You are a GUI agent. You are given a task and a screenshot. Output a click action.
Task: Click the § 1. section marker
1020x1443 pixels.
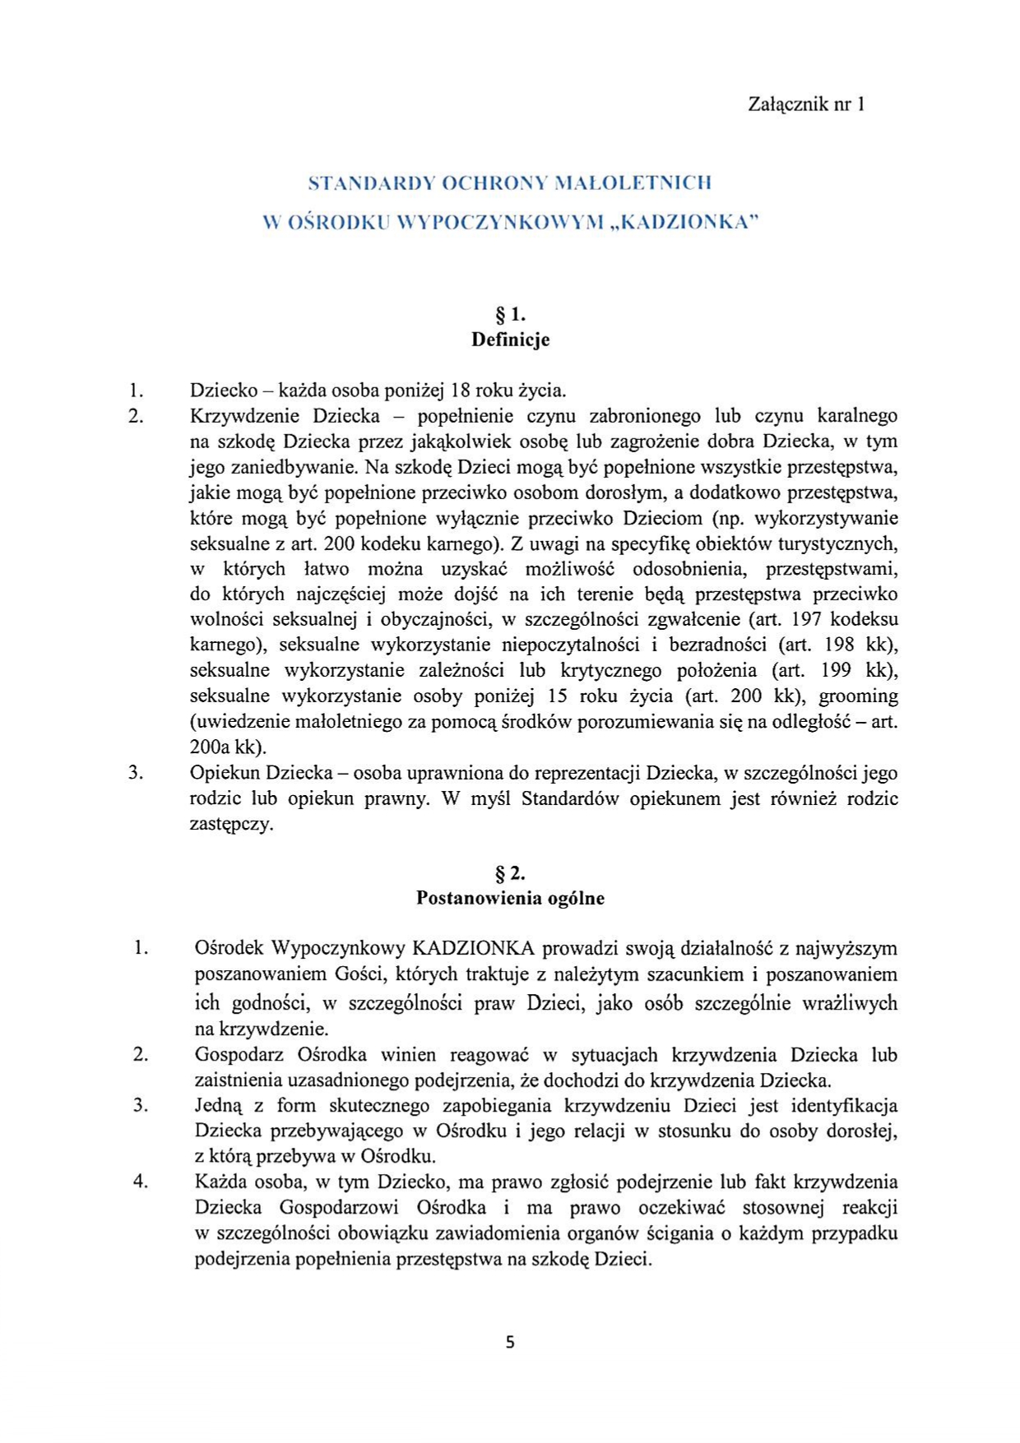(x=510, y=314)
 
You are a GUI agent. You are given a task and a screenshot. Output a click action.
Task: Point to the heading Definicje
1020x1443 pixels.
(x=510, y=340)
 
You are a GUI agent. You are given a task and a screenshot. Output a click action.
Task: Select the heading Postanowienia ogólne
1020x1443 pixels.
(x=510, y=898)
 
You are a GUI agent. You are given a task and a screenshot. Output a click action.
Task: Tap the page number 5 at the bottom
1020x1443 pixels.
(x=510, y=1343)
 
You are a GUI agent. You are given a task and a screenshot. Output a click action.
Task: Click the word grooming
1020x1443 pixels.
(x=858, y=696)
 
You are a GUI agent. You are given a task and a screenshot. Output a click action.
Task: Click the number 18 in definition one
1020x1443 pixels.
(x=463, y=390)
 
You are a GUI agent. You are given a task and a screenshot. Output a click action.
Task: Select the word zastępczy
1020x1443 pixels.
(x=231, y=824)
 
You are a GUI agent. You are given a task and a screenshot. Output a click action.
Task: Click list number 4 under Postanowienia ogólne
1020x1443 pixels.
(x=141, y=1182)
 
